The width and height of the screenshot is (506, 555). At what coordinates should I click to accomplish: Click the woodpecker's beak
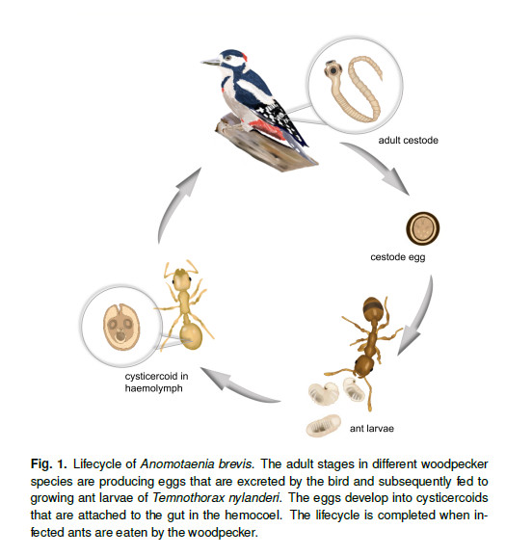pos(211,63)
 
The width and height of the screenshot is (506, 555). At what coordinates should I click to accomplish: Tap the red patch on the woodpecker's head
pos(244,56)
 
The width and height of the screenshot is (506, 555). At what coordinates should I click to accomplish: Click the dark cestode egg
pos(423,228)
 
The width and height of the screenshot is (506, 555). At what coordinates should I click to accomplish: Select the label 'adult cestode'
pos(409,141)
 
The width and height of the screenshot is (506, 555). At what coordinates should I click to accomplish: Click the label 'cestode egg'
pos(398,257)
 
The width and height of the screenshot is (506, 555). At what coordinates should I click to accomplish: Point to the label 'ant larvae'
pos(372,429)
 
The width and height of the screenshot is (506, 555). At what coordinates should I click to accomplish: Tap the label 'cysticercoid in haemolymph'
pos(156,383)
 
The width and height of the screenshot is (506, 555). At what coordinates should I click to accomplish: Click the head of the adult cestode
pos(333,69)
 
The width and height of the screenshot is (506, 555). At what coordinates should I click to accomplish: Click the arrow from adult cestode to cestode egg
pos(379,164)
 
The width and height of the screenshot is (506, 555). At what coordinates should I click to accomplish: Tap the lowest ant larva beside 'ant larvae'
pos(323,426)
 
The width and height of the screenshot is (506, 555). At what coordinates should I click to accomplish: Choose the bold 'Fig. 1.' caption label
pos(48,463)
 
